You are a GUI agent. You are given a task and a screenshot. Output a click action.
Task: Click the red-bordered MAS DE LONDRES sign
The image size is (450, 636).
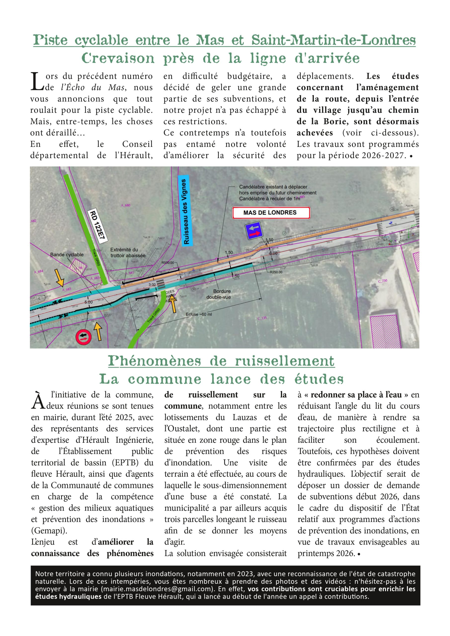(271, 213)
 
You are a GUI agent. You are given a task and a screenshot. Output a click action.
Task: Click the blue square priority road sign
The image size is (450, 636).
(254, 231)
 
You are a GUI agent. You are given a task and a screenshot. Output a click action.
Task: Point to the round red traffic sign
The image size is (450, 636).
(83, 337)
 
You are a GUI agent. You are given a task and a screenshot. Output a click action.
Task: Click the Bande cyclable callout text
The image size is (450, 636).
(67, 255)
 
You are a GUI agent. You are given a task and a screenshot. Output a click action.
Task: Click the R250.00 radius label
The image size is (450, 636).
(276, 272)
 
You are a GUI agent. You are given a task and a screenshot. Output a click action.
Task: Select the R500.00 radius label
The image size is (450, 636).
(168, 263)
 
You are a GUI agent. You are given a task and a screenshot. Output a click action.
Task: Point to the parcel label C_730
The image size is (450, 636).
(383, 281)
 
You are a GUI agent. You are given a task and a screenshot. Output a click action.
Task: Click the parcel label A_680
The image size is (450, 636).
(125, 205)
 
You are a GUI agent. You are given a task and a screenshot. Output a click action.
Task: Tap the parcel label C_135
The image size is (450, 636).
(262, 318)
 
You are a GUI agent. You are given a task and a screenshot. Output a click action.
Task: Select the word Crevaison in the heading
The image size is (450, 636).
(118, 58)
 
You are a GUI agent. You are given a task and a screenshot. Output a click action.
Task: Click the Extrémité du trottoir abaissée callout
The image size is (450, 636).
(127, 252)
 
